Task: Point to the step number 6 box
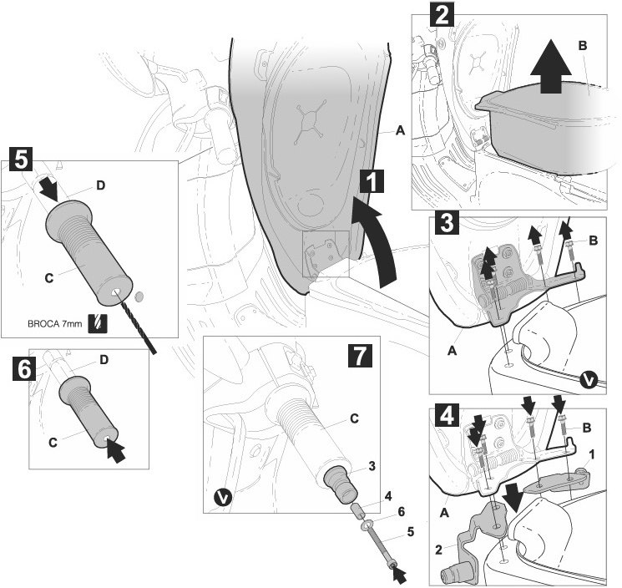tap(23, 368)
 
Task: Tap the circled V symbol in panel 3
tap(589, 379)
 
